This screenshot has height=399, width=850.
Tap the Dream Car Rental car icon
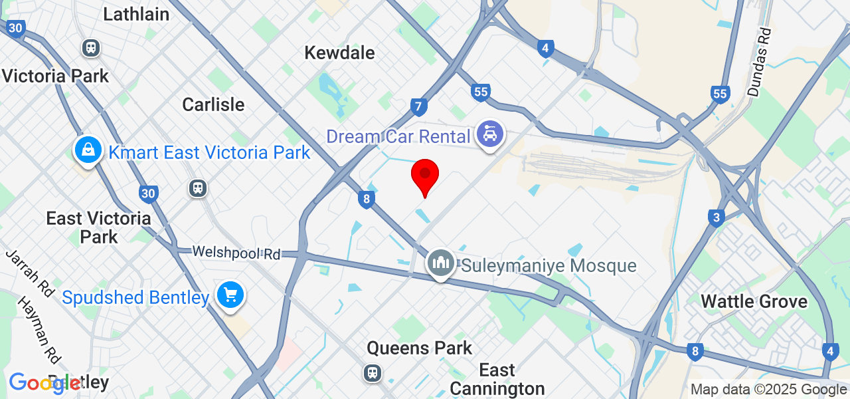tap(490, 136)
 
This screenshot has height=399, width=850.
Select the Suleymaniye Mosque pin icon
tap(440, 264)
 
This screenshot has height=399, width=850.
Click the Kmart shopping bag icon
tap(88, 150)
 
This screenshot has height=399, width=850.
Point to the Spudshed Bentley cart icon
tap(230, 295)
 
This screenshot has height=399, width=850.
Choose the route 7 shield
tap(418, 106)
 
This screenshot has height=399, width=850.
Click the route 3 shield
tap(715, 218)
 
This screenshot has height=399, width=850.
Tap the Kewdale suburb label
tap(339, 53)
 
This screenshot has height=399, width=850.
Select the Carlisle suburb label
tap(213, 105)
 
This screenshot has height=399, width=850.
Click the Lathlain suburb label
tap(136, 14)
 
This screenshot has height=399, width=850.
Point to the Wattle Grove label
tap(754, 301)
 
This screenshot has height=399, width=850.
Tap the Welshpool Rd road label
tap(236, 253)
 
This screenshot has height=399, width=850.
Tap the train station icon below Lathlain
tap(90, 48)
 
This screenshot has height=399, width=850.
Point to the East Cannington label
tap(497, 379)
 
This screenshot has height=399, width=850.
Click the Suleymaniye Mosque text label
tap(549, 266)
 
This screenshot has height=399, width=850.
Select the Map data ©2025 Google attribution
tap(768, 390)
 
